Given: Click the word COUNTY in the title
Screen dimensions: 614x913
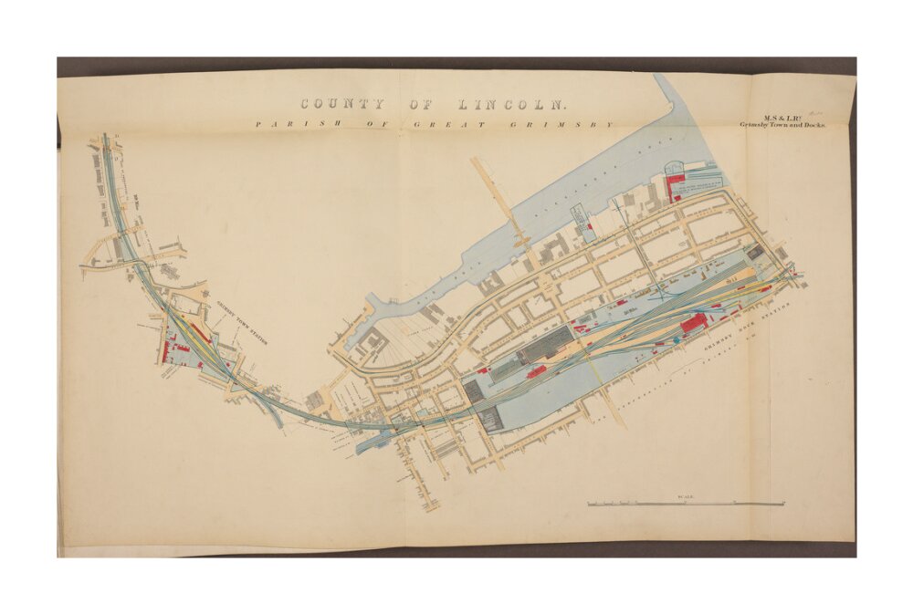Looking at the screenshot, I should coord(342,105).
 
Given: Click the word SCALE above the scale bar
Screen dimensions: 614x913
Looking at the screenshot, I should coord(686,496).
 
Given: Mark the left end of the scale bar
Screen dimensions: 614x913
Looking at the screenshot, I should coord(588,504).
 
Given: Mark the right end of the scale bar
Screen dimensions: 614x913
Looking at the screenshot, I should coord(783,504).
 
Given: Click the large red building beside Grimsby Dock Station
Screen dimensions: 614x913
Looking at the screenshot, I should coord(694,322).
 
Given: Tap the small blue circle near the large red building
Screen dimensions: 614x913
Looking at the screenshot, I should coord(677,338).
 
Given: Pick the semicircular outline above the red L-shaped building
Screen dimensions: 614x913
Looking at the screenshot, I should coord(675,167).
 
